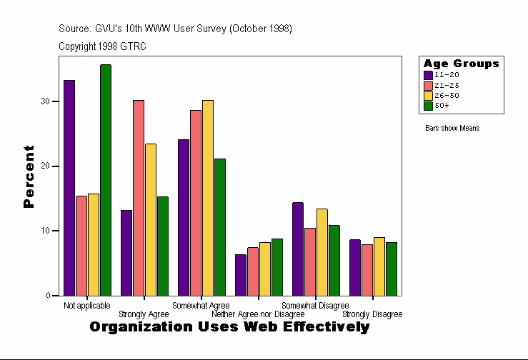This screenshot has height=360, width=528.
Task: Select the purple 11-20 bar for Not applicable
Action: pos(69,188)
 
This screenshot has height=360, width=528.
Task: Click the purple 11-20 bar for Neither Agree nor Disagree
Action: pos(241,275)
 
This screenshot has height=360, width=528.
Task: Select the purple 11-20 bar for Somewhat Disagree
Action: pos(298,249)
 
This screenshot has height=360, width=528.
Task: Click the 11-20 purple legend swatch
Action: pos(428,74)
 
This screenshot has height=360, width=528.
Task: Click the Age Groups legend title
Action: pos(461,64)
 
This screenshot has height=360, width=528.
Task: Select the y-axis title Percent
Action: pos(29,176)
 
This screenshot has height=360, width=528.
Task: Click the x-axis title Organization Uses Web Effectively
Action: pos(230,327)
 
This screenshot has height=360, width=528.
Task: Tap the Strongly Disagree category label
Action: pos(372,314)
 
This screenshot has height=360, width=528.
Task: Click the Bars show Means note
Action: pos(452,129)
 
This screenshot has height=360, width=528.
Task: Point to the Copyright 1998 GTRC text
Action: pos(102,46)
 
